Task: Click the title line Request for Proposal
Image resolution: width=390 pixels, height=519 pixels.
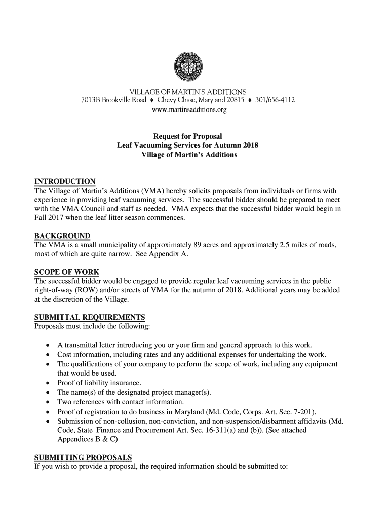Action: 188,136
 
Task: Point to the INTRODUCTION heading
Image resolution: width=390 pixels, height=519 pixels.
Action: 64,182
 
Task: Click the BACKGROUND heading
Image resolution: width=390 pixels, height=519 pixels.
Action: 62,236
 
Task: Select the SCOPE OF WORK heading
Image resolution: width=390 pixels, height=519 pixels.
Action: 66,272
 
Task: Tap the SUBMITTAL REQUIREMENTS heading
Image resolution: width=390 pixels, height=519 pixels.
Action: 89,317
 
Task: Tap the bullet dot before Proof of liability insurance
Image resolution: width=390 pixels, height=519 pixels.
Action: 47,383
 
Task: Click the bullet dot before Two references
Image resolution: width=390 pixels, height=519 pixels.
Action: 47,402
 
